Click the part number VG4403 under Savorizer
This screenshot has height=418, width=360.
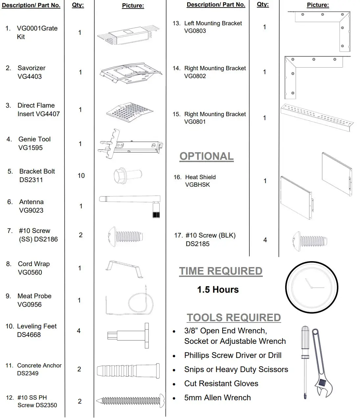pyautogui.click(x=30, y=77)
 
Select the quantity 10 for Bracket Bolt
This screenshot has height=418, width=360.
pyautogui.click(x=81, y=176)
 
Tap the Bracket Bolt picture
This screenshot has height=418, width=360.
pyautogui.click(x=127, y=176)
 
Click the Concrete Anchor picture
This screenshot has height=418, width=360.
pyautogui.click(x=128, y=371)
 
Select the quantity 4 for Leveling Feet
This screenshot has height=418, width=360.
pyautogui.click(x=79, y=331)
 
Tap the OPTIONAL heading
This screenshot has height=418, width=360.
pyautogui.click(x=206, y=157)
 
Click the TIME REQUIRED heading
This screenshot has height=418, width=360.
pyautogui.click(x=220, y=271)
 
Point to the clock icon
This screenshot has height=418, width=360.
pyautogui.click(x=311, y=288)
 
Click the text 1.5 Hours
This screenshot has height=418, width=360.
pyautogui.click(x=218, y=290)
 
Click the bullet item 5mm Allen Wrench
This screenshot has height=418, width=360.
pyautogui.click(x=217, y=398)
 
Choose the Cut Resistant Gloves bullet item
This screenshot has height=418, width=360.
pyautogui.click(x=221, y=384)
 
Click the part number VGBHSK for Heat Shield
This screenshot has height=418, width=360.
pyautogui.click(x=197, y=185)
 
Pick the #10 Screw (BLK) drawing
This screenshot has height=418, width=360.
pyautogui.click(x=310, y=241)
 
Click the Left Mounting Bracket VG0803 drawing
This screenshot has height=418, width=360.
pyautogui.click(x=323, y=31)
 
